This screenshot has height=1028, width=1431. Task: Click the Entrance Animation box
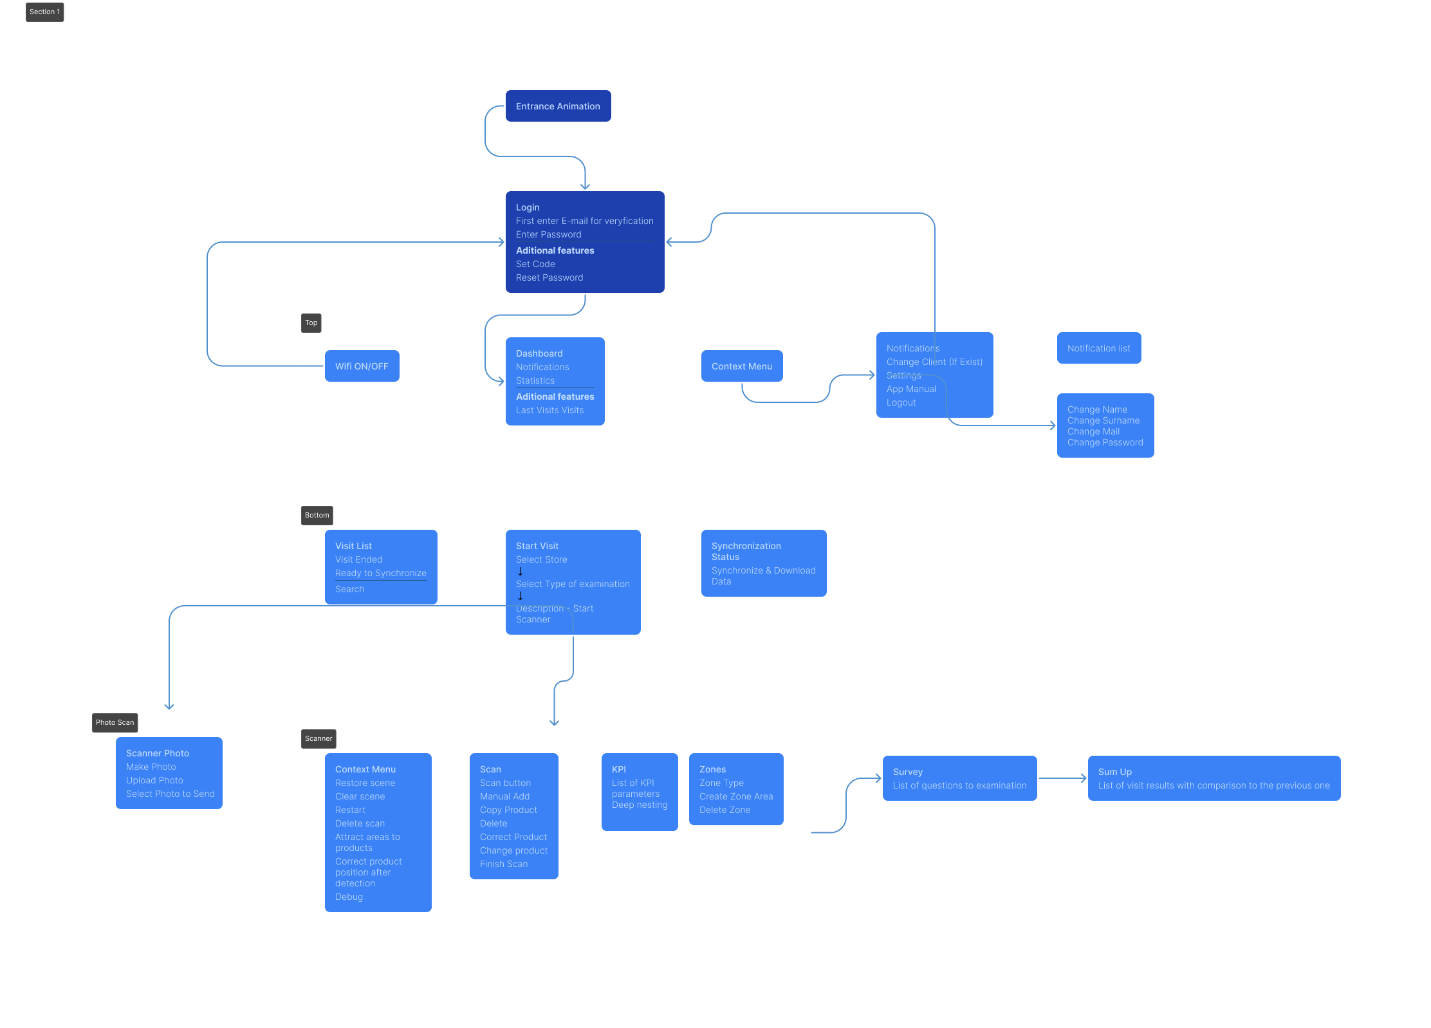558,106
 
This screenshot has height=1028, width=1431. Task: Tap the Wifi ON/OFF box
362,366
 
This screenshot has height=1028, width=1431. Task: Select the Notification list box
1098,348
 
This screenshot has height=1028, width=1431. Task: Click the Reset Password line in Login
549,277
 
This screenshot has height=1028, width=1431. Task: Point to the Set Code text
535,264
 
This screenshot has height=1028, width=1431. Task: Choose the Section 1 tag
44,12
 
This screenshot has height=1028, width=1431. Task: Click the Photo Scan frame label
115,722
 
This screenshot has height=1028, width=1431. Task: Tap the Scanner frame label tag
319,738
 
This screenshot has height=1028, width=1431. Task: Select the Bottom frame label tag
317,515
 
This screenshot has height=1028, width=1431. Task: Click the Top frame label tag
311,322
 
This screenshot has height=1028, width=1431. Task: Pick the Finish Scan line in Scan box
504,864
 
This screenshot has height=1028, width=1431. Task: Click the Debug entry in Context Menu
349,897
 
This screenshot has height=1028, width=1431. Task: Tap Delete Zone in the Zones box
725,810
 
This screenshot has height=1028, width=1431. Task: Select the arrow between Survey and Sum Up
1062,778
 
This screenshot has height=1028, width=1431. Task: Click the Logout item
901,402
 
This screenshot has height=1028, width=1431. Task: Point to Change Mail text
1093,431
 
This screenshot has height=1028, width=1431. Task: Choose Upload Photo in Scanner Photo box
154,780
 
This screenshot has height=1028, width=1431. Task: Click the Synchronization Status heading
746,551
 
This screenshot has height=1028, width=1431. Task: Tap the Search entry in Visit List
349,589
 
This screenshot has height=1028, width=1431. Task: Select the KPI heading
618,769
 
